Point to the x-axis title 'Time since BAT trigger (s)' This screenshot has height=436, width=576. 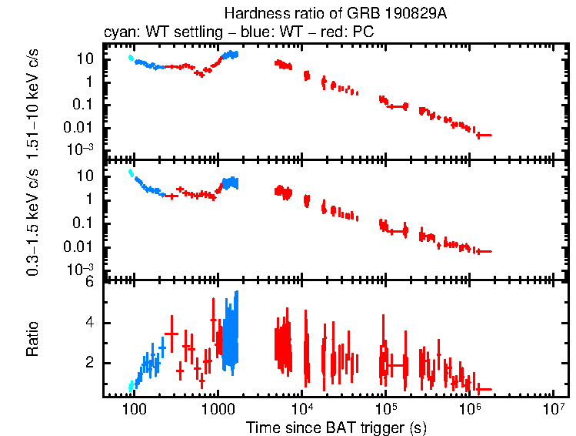(337, 427)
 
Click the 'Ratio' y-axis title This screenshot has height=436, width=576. (33, 339)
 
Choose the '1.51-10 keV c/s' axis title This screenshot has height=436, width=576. (33, 102)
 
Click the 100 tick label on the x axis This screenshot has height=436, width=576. (134, 407)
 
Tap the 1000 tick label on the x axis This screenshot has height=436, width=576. (218, 407)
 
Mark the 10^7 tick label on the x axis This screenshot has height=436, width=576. (554, 406)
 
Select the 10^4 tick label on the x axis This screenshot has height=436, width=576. (302, 406)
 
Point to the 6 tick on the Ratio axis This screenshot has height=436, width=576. (89, 283)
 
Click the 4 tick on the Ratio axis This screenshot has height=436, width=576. (89, 323)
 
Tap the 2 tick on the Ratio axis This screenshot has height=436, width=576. (89, 363)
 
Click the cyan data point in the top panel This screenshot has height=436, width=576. (132, 58)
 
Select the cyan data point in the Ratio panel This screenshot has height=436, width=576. (132, 385)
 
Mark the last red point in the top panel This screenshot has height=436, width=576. (483, 135)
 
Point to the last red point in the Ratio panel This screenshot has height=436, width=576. (483, 389)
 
